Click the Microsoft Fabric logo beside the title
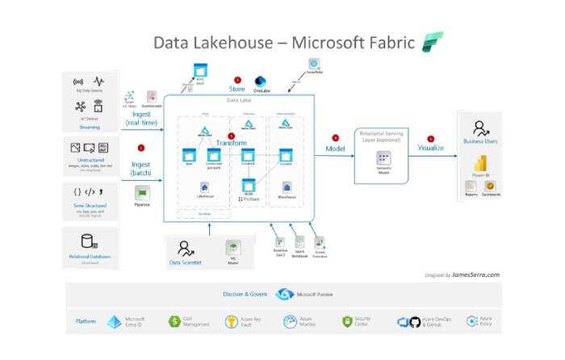432,42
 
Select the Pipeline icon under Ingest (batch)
142,192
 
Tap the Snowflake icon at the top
312,64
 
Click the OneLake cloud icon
261,82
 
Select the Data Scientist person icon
186,248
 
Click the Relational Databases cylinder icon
89,241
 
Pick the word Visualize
430,149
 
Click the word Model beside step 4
336,149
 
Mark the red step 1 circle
141,148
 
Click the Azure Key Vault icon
232,321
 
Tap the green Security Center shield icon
347,321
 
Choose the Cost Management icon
174,321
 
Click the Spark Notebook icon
299,241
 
